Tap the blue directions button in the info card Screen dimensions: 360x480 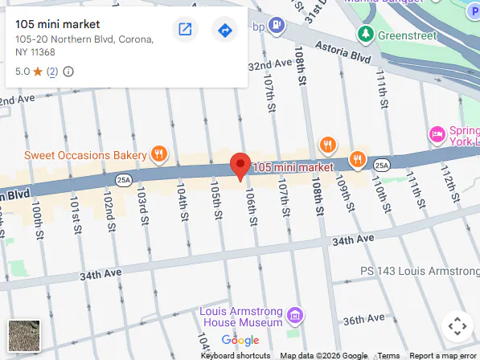(224, 31)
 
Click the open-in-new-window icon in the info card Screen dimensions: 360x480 (185, 31)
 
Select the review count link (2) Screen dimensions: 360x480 (52, 72)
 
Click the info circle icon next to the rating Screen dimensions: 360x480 (68, 72)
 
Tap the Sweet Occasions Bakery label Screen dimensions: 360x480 (85, 153)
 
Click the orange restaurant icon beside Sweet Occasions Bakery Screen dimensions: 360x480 (160, 153)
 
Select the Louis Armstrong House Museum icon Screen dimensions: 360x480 (295, 313)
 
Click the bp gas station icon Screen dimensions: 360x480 (277, 26)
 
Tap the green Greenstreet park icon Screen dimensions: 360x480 (367, 35)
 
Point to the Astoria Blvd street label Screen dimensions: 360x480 (343, 52)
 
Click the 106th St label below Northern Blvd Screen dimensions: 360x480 (251, 206)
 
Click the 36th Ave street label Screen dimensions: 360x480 (363, 320)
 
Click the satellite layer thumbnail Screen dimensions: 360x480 (23, 335)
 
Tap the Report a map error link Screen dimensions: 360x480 (442, 355)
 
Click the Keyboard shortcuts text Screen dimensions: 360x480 (236, 355)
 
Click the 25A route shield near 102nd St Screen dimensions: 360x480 (122, 178)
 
